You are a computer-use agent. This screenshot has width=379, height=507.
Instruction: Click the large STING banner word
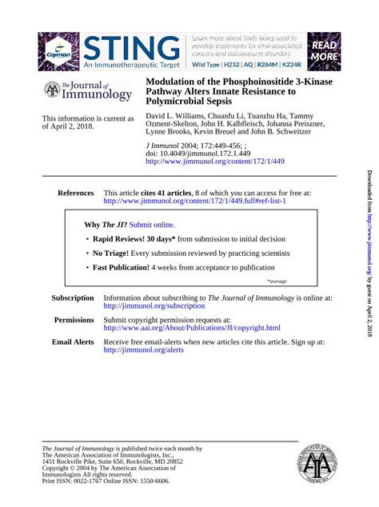(x=131, y=46)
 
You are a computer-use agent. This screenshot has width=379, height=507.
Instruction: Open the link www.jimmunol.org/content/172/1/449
(x=214, y=161)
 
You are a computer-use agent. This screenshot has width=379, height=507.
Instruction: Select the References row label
(x=75, y=193)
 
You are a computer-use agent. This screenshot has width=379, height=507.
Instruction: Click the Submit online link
(x=152, y=226)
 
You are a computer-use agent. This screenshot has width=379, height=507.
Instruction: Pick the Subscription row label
(x=72, y=297)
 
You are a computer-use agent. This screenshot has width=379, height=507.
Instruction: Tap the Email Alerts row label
(x=73, y=341)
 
